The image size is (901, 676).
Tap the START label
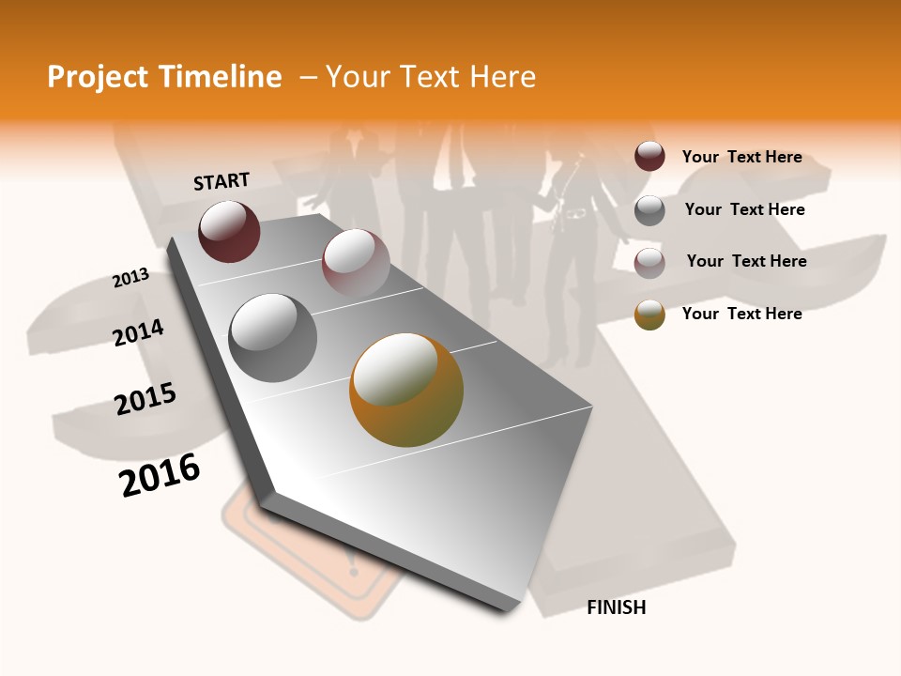(221, 181)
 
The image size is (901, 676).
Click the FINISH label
(616, 607)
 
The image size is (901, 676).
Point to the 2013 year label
(130, 278)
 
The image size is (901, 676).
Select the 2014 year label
(138, 332)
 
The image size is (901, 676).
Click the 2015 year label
(145, 399)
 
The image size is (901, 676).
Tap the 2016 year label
(160, 475)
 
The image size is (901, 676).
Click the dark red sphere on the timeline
(229, 231)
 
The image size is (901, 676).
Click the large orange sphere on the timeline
(406, 390)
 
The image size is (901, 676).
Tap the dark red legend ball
(649, 157)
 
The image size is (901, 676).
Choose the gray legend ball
(649, 210)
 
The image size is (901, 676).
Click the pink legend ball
(649, 263)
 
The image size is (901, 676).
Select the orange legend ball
(649, 315)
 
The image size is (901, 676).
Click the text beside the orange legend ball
(741, 314)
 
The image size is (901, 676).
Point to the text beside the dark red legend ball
(741, 157)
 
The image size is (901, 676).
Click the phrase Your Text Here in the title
(431, 77)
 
